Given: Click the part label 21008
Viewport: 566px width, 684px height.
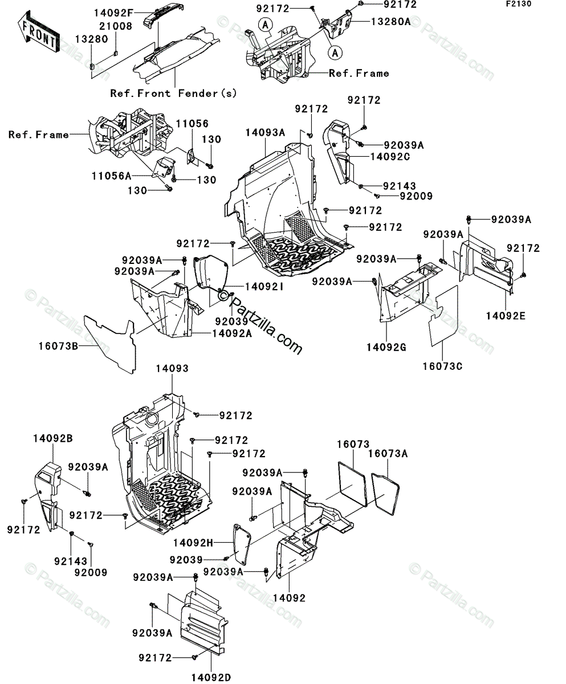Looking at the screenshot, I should click(116, 26).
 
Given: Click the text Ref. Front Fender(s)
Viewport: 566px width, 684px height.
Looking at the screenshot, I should click(173, 93).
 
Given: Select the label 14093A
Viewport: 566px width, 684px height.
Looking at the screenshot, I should click(266, 132).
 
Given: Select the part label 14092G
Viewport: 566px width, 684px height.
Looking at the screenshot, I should click(386, 346).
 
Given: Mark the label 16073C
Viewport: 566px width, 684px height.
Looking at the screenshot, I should click(442, 366).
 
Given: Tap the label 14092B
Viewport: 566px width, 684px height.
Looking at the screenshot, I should click(52, 439).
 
